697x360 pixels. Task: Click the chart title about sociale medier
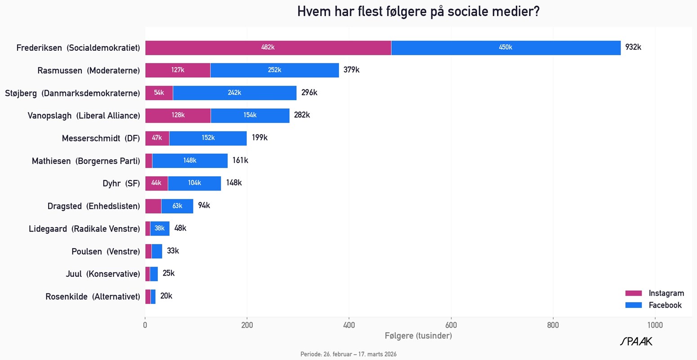418,11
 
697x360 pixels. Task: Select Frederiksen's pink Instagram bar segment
268,48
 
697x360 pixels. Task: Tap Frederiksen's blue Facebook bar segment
505,48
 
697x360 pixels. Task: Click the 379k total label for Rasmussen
351,70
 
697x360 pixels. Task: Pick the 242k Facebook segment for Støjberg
234,93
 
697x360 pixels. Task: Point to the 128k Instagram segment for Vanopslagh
178,116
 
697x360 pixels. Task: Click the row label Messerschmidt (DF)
101,138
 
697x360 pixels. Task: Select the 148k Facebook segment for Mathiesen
190,160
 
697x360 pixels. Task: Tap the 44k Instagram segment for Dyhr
156,183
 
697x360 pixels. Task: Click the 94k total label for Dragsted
204,206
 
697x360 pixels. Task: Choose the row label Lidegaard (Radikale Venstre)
85,229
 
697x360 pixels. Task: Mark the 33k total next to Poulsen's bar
173,251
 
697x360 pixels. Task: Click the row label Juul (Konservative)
103,274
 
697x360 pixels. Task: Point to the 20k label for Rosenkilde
166,296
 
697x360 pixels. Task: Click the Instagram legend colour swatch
633,293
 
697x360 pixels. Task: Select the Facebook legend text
665,305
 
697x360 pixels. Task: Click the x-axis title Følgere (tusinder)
418,336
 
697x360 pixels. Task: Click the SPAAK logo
636,342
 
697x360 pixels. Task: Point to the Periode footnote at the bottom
348,354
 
